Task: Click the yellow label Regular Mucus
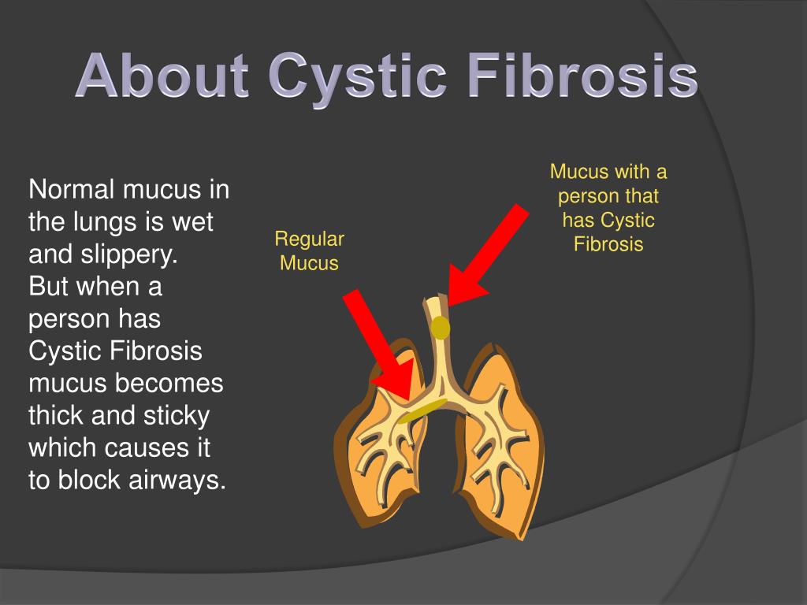coord(309,251)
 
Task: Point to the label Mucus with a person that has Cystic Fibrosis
coord(608,208)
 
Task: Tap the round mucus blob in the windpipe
coord(441,326)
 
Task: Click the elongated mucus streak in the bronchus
coord(422,410)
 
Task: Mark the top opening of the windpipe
coord(435,300)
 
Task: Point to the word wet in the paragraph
coord(193,222)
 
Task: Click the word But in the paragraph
coord(50,287)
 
